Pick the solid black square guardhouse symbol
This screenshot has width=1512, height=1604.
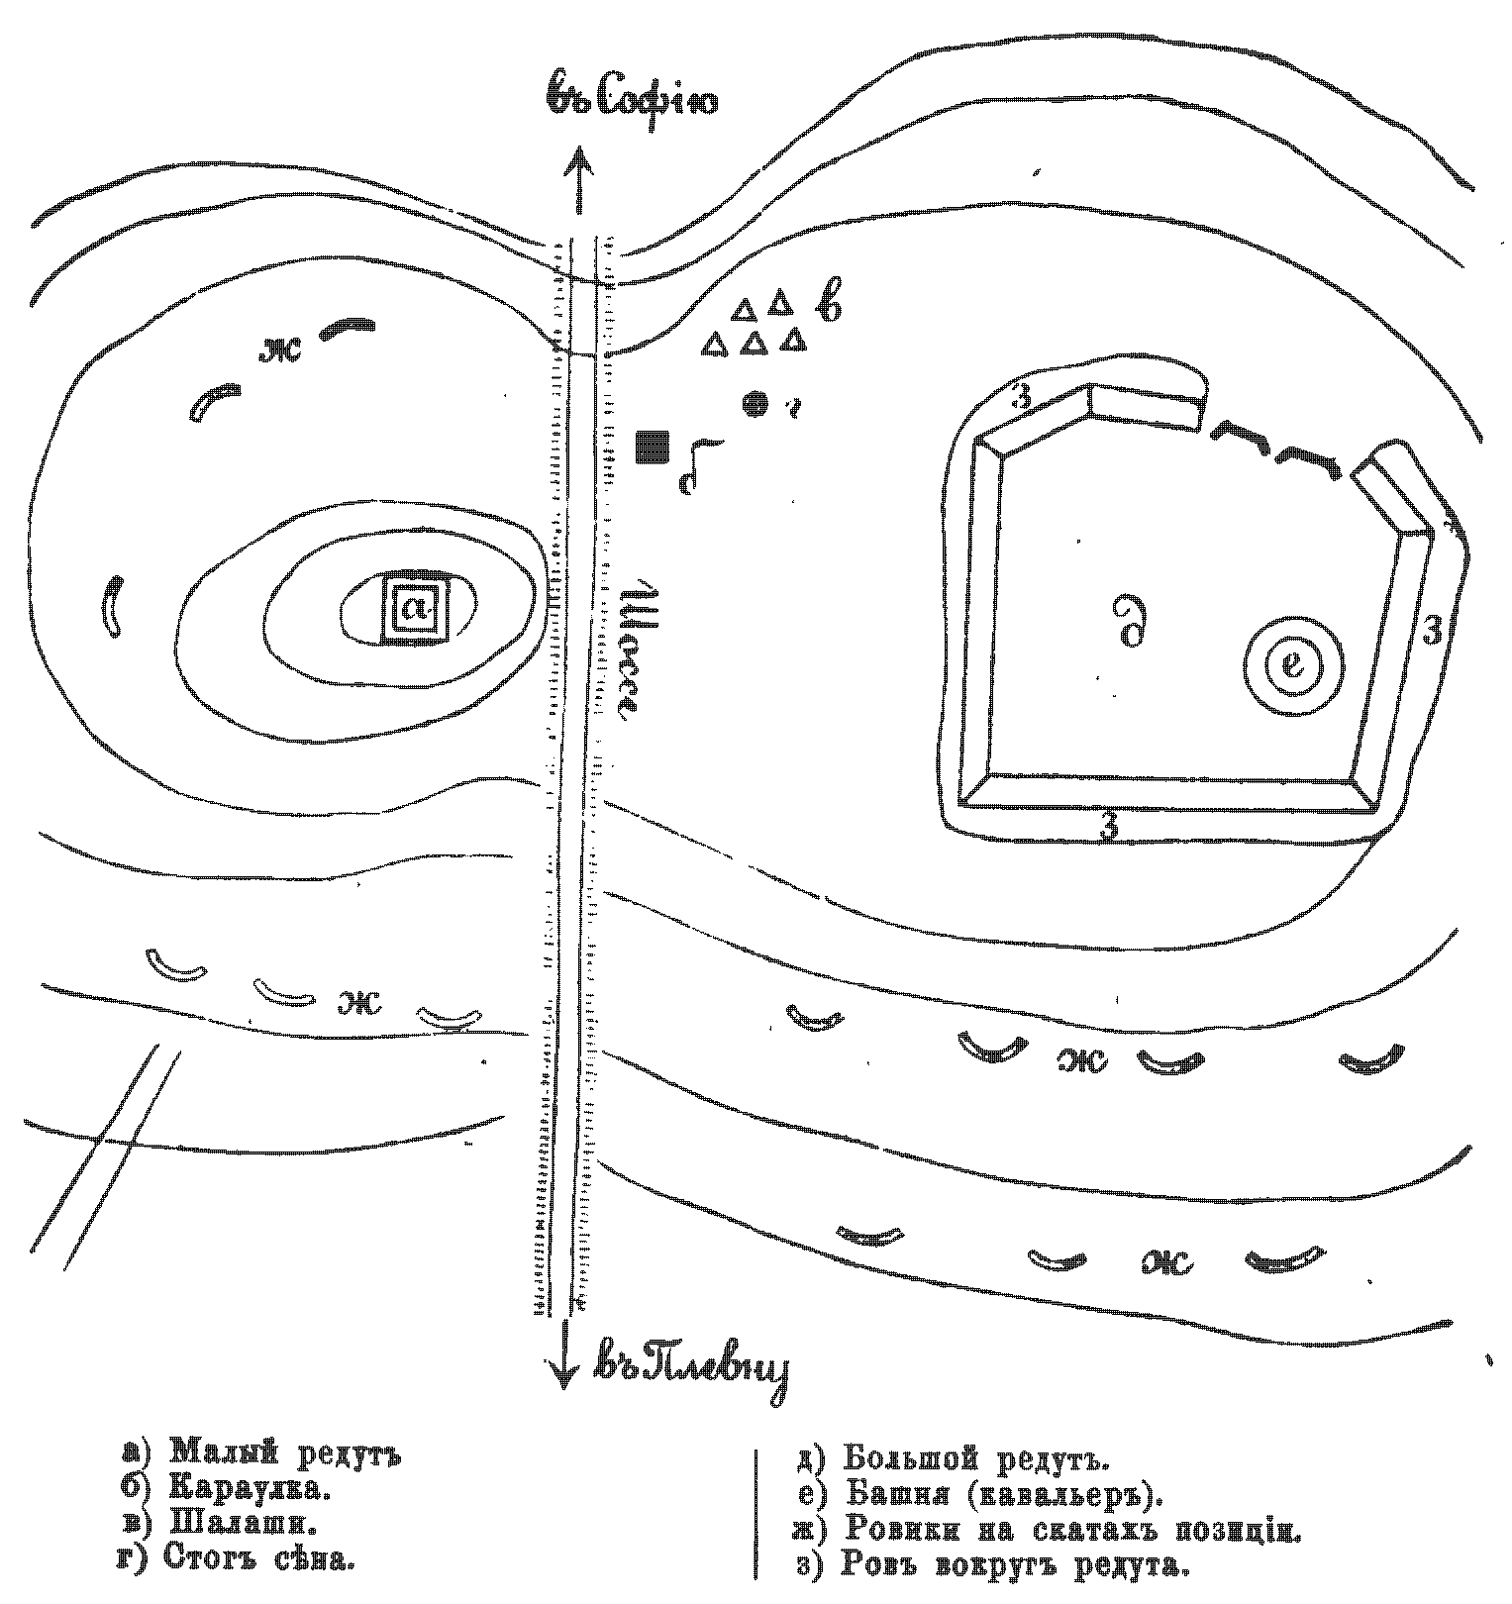coord(652,447)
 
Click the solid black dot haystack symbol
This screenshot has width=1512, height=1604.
coord(756,403)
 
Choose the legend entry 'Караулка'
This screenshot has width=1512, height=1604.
coord(250,1487)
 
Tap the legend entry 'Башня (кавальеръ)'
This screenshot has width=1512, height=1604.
coord(1002,1494)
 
